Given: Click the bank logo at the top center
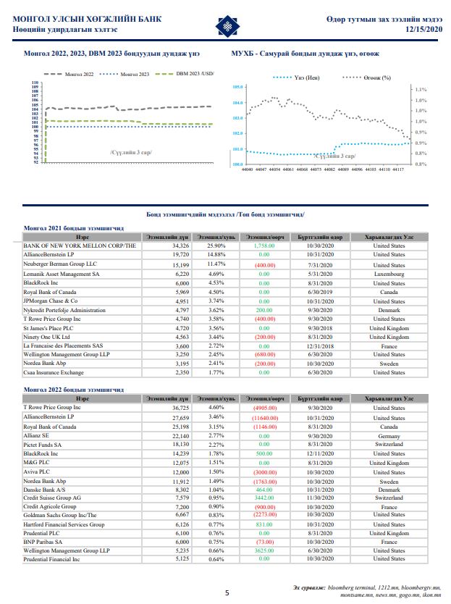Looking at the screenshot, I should tap(226, 27).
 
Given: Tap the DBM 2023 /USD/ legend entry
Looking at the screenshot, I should tap(188, 74).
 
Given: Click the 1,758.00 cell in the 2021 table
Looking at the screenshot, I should tap(264, 246).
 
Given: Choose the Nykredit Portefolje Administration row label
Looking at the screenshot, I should tap(59, 311).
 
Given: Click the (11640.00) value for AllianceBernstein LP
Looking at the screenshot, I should tap(264, 419).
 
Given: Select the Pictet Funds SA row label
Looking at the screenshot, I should tap(44, 445).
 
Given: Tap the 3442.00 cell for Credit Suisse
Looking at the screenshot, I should tap(264, 498).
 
